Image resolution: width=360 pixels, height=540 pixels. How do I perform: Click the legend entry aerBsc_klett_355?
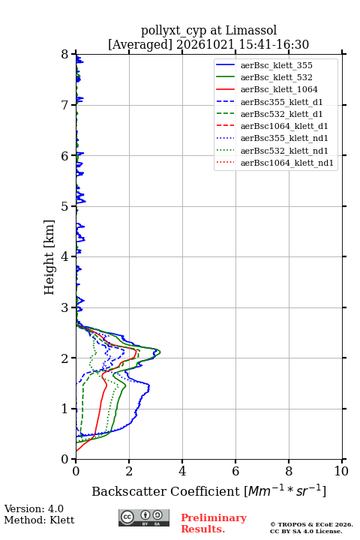coord(276,65)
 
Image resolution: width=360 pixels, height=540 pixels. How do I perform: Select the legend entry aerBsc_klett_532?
coord(276,77)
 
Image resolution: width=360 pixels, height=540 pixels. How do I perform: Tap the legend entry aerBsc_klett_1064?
coord(279,89)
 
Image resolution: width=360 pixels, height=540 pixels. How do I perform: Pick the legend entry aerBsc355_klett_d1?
coord(281,102)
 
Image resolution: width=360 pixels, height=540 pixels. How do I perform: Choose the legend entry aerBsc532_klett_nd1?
coord(284,151)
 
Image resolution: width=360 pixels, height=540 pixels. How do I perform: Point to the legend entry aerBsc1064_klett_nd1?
coord(287,163)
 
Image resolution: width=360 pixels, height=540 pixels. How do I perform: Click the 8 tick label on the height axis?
coord(64,55)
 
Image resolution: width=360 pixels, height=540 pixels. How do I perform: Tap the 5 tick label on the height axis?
coord(64,206)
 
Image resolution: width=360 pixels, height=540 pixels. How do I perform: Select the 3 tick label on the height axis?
coord(64,307)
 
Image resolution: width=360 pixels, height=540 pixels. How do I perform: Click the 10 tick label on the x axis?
coord(341,471)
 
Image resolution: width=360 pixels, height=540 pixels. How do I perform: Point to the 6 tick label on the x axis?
coord(235,471)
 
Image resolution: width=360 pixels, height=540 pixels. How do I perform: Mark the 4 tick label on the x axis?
coord(182,471)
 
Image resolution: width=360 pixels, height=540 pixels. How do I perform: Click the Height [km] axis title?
coord(49,257)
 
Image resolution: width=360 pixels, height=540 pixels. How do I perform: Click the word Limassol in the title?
coord(250,30)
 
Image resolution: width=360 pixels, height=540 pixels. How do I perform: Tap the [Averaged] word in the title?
coord(140,44)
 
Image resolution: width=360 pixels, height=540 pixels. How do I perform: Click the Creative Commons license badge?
coord(144,517)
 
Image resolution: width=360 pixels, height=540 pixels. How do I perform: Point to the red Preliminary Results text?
coord(214,523)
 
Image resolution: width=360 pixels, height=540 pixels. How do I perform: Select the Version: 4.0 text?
coord(34,508)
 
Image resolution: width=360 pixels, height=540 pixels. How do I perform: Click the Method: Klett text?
coord(39,520)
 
